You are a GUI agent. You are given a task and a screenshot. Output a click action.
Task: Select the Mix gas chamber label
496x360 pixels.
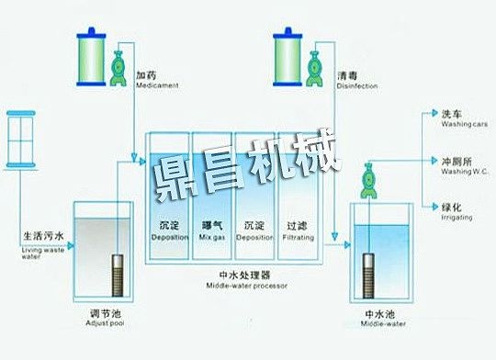point(212,230)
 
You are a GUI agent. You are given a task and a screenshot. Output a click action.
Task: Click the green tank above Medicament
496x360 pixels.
point(91,56)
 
